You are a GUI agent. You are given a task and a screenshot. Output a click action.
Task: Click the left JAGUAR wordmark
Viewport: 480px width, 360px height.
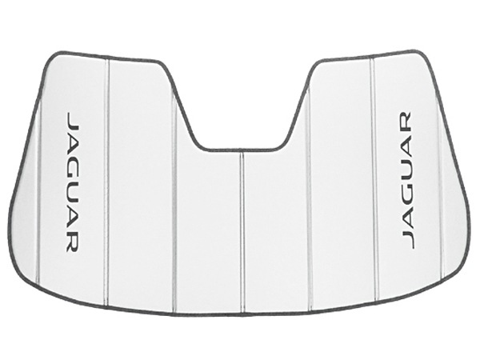pyautogui.click(x=73, y=182)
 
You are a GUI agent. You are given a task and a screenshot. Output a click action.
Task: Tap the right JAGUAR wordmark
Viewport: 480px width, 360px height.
pyautogui.click(x=407, y=180)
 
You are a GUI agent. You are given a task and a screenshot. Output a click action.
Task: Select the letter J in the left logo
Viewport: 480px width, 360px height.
pyautogui.click(x=73, y=120)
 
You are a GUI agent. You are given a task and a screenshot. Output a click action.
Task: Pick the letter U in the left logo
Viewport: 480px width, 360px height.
pyautogui.click(x=73, y=194)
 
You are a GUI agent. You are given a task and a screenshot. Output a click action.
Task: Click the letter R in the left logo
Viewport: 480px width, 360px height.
pyautogui.click(x=73, y=242)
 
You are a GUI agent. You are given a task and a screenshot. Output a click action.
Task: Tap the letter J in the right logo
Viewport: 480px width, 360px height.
pyautogui.click(x=407, y=240)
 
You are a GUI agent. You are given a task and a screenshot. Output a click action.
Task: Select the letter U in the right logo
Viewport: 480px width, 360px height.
pyautogui.click(x=407, y=167)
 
